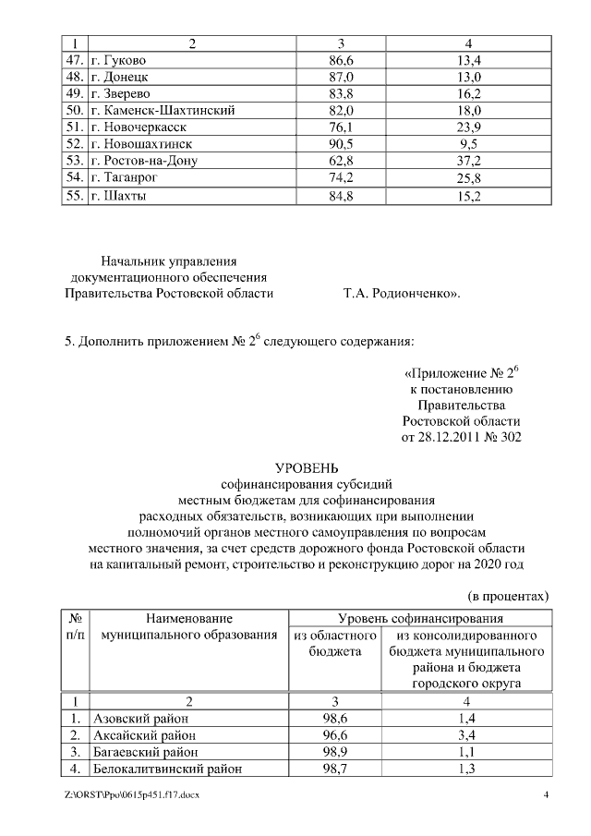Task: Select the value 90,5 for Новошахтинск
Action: tap(341, 144)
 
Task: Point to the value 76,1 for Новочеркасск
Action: tap(341, 127)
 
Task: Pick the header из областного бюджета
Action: tap(334, 644)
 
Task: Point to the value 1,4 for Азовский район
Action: tap(467, 718)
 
